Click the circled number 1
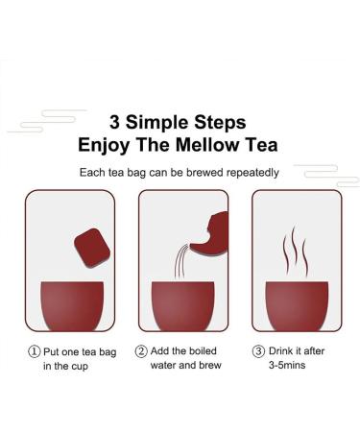(35, 350)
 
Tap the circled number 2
(141, 350)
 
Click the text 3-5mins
(292, 367)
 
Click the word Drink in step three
(282, 350)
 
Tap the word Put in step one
(54, 350)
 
